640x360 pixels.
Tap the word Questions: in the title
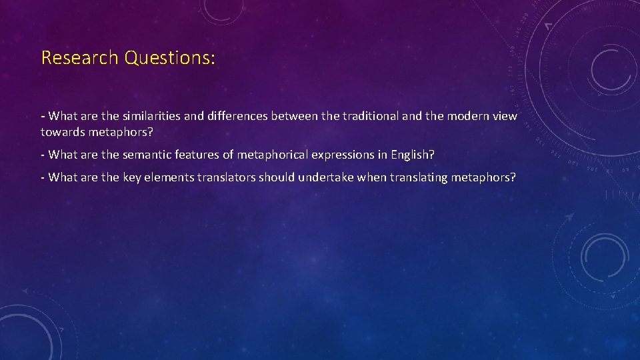click(170, 58)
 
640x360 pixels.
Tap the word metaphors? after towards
click(121, 132)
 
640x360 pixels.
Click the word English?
click(411, 155)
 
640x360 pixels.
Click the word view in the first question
click(505, 117)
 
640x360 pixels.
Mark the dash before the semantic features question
click(43, 155)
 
